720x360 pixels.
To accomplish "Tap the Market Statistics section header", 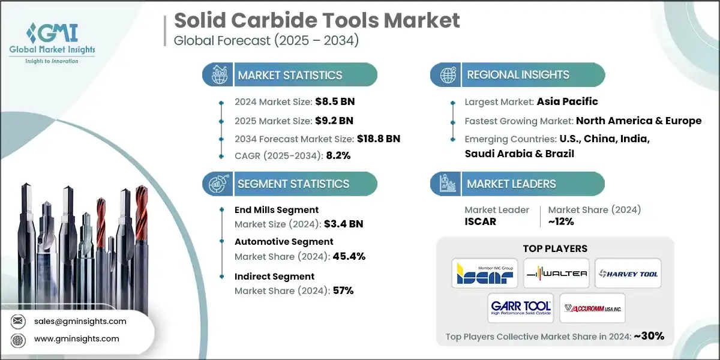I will [x=290, y=75].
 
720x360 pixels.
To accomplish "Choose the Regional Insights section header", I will [x=518, y=75].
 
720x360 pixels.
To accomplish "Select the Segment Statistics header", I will [x=293, y=184].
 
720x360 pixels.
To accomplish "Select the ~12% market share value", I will [x=561, y=221].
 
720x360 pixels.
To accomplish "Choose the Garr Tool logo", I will [x=520, y=308].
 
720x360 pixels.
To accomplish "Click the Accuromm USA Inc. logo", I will [x=592, y=308].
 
